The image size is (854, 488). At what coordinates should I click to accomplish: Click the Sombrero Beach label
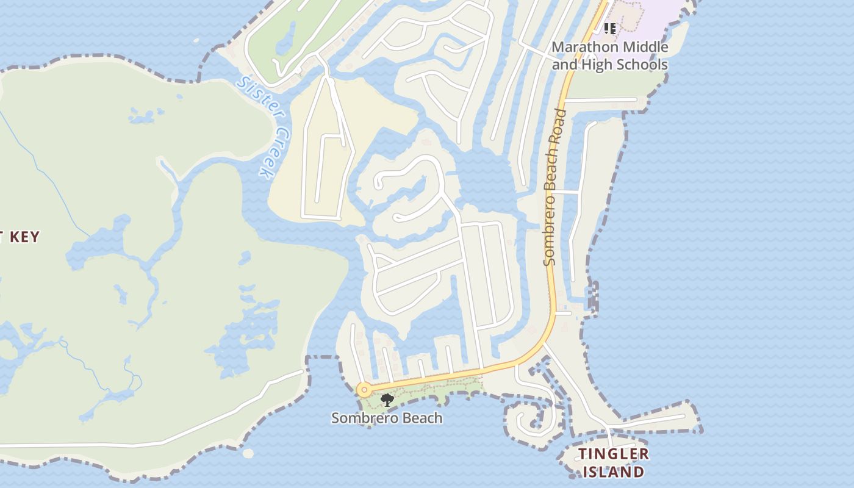pos(387,418)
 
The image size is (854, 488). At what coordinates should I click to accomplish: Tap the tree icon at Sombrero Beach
pos(387,400)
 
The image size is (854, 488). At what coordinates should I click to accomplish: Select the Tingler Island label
pos(614,463)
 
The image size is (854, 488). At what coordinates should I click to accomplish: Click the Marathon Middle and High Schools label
pos(610,56)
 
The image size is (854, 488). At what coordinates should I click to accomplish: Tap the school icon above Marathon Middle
pos(609,28)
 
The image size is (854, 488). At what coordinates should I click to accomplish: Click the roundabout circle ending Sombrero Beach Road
pos(364,390)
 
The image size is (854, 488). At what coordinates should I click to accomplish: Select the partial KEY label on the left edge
pos(20,237)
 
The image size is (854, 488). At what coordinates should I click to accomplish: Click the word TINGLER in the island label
pos(614,454)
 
